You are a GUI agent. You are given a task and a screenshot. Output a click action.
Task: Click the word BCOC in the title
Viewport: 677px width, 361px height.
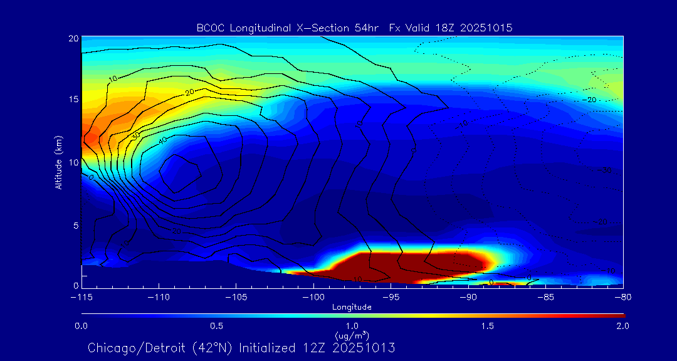211,28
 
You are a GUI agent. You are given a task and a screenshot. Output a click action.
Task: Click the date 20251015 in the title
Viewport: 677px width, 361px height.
486,28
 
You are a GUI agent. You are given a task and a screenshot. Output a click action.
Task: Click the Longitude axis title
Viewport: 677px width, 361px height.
352,306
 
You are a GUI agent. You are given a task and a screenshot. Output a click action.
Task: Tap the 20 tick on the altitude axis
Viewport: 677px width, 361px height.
73,38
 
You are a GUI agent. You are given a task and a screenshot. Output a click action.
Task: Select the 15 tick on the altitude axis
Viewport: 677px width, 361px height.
73,100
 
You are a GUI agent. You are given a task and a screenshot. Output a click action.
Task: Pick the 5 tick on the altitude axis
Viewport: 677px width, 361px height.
75,225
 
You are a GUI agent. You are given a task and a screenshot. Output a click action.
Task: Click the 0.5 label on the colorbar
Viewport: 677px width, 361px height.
216,326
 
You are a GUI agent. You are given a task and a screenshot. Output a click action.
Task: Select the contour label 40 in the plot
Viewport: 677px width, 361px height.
162,142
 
